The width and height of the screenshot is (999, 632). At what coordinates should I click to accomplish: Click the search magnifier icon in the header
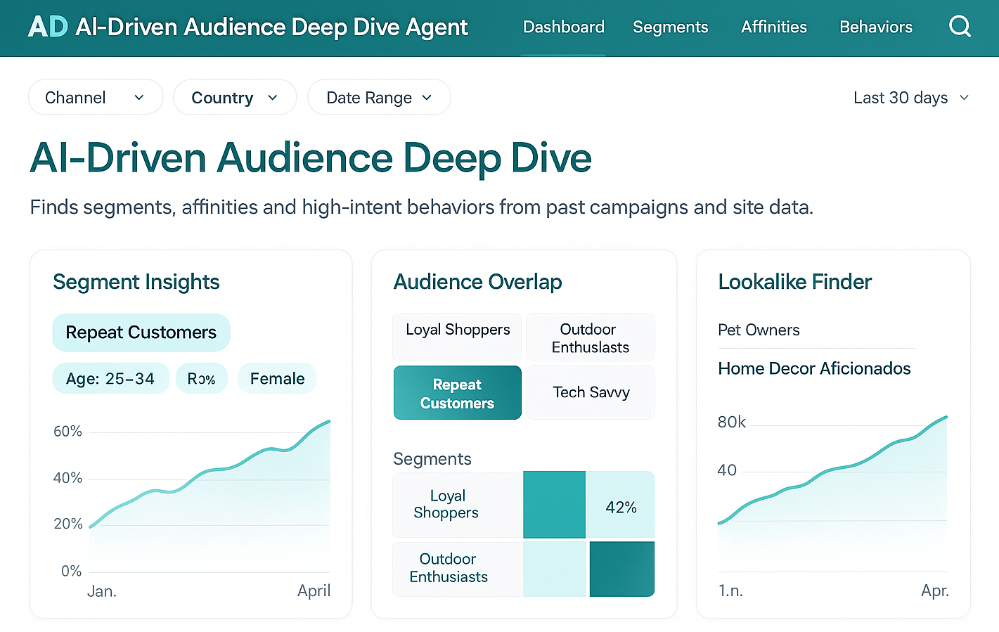(960, 27)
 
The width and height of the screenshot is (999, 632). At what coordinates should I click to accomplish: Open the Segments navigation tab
(670, 27)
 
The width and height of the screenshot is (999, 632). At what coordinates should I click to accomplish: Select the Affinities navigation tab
(773, 27)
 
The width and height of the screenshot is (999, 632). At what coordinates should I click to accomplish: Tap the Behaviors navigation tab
(875, 27)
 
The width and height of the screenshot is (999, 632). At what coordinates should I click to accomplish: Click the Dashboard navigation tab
(563, 27)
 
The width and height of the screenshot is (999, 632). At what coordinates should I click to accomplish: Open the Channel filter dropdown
(96, 97)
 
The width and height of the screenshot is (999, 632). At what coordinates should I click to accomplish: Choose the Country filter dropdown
(235, 97)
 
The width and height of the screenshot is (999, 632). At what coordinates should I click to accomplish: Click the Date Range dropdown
(379, 97)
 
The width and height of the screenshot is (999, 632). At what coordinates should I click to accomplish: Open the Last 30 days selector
(910, 98)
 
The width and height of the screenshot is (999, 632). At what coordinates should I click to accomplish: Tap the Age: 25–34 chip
(110, 378)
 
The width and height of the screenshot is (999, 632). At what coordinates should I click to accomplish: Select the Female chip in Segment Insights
(277, 378)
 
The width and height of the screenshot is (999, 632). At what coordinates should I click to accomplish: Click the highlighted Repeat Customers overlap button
(457, 393)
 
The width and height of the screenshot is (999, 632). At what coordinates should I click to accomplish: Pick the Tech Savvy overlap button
(591, 392)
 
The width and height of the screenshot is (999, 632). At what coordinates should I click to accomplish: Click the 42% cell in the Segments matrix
(621, 506)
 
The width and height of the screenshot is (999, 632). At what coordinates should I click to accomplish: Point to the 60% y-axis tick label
(67, 431)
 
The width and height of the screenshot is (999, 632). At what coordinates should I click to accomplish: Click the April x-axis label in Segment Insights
(314, 591)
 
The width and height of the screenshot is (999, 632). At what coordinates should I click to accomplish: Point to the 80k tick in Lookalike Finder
(731, 422)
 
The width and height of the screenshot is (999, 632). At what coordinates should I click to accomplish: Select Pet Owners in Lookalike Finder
(759, 330)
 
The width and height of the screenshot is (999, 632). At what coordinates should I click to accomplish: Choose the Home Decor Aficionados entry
(814, 368)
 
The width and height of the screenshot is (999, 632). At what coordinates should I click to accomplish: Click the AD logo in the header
(48, 27)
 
